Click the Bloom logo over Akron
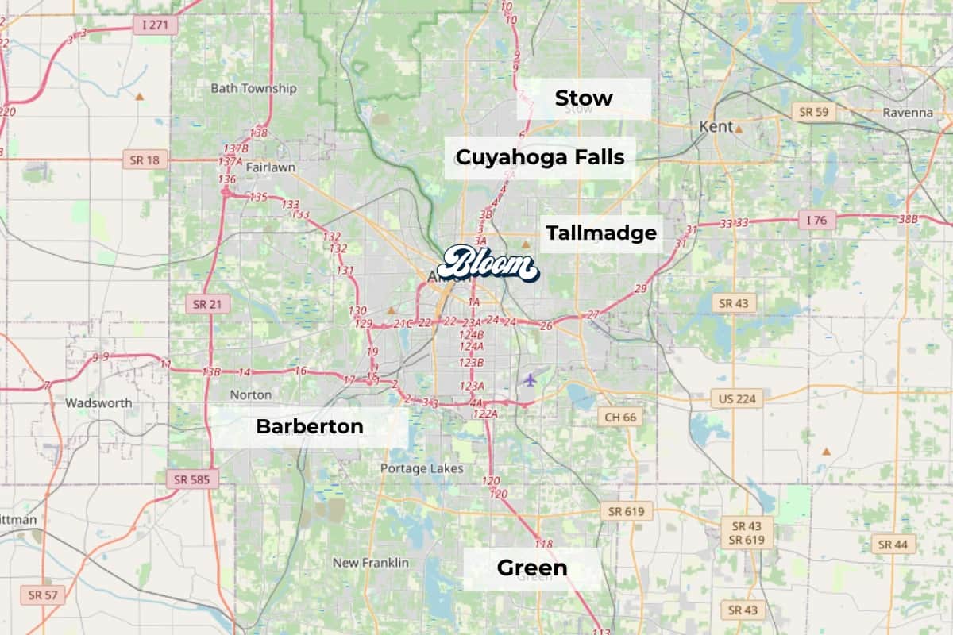point(488,264)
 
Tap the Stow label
point(584,98)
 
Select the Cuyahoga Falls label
point(540,157)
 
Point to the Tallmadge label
point(601,233)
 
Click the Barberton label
point(310,427)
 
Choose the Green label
point(532,568)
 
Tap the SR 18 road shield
point(145,160)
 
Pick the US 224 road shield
point(736,398)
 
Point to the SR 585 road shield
point(192,479)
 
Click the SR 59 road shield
point(813,113)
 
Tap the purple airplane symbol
point(531,379)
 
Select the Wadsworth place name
point(98,403)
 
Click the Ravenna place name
point(908,113)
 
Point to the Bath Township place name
point(253,88)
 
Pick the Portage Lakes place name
point(421,469)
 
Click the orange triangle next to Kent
point(739,129)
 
